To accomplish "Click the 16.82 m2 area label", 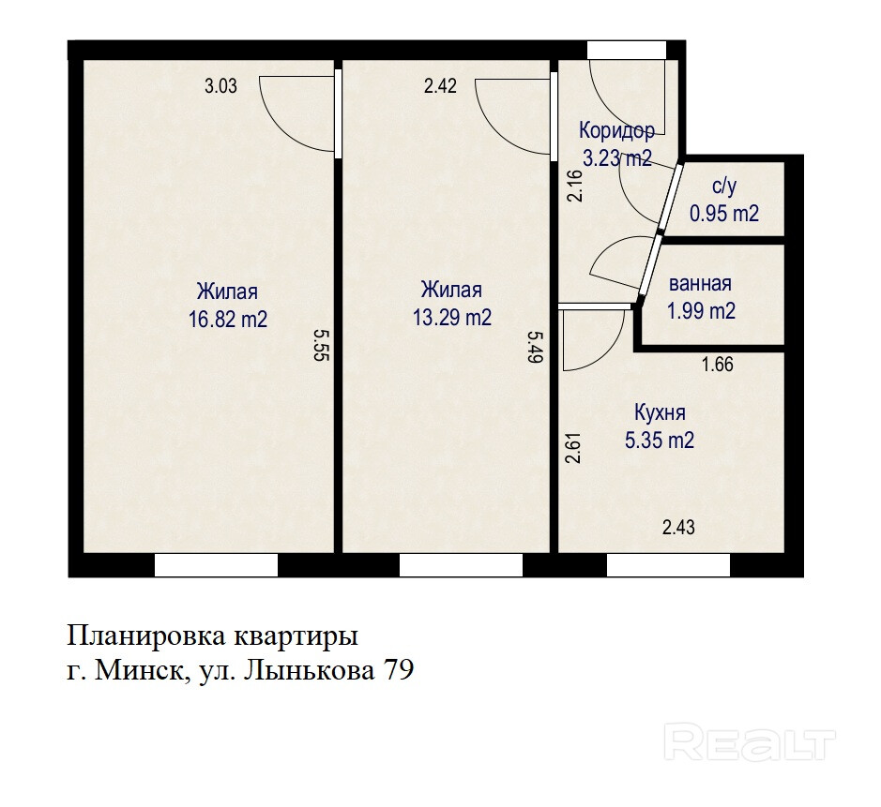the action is point(228,320).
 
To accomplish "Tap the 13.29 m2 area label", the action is point(451,318).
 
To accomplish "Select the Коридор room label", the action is point(617,130).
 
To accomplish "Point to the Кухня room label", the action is point(660,412).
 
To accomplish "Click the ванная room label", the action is point(700,283).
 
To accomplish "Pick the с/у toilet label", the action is point(724,186).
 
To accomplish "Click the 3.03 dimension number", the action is point(220,86).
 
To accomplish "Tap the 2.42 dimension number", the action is point(441,86).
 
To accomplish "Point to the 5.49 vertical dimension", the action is point(535,347).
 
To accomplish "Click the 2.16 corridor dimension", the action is point(574,186).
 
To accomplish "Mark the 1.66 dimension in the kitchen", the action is point(718,365).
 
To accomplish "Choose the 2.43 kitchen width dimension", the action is point(678,528).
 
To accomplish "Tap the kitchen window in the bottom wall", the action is point(668,565).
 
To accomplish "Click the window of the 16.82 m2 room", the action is point(217,565).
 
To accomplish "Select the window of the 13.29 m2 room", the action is point(461,565).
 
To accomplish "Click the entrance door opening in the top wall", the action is point(627,50).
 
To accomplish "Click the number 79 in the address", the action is point(398,670).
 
